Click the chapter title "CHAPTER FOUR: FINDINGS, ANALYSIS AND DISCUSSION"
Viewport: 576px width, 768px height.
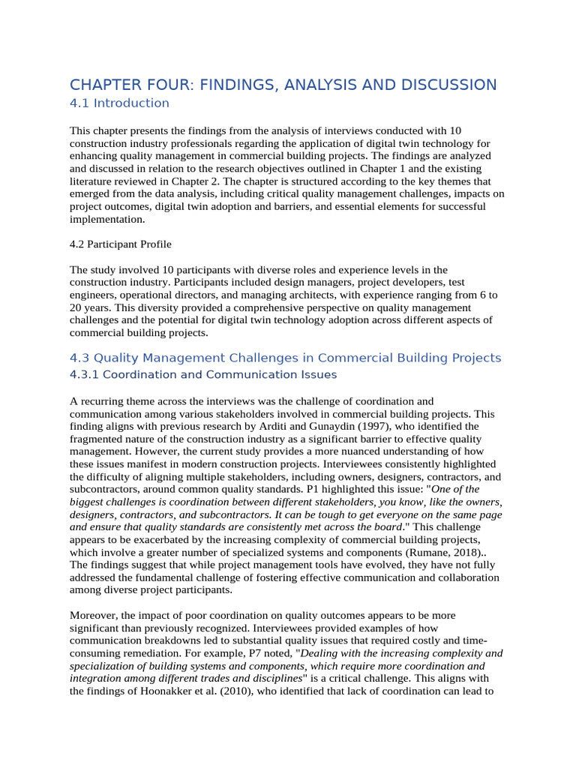click(283, 85)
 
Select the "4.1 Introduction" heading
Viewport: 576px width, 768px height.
click(119, 103)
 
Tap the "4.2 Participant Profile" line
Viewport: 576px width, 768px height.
click(121, 244)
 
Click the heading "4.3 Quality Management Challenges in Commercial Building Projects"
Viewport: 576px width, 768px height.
click(285, 358)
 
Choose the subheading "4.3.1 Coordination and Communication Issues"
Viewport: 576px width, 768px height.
click(202, 374)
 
